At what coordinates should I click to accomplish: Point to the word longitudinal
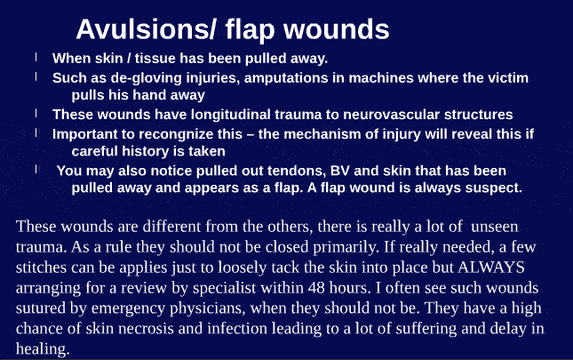(235, 115)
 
